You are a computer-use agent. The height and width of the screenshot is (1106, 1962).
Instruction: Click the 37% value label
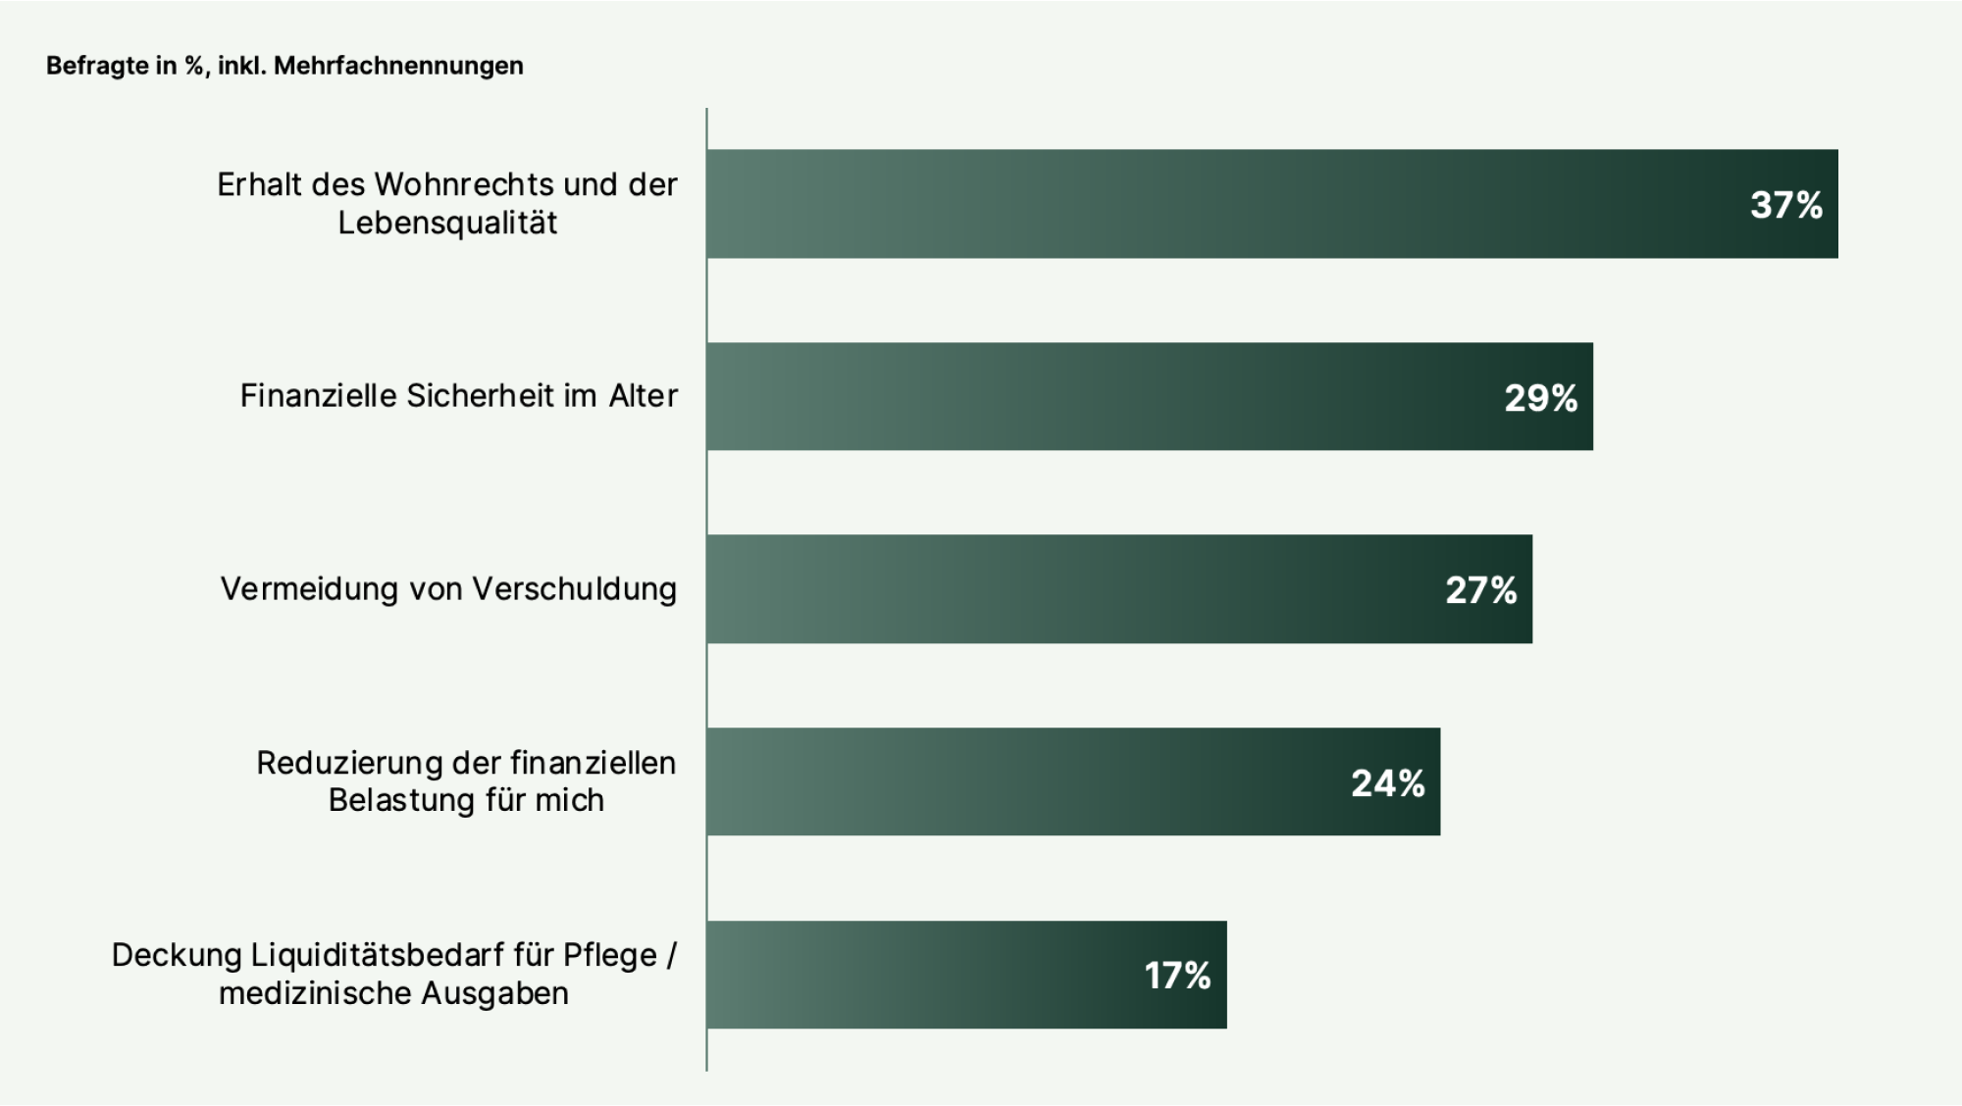(x=1785, y=205)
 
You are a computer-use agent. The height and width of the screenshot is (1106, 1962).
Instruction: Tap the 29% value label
(x=1540, y=398)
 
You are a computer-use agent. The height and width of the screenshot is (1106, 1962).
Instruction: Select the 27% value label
(x=1480, y=590)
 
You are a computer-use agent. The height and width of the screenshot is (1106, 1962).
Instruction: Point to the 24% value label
(x=1387, y=783)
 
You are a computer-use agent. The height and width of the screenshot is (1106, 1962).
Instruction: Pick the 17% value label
(x=1177, y=976)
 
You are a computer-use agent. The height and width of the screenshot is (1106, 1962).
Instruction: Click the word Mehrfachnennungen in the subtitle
(x=398, y=66)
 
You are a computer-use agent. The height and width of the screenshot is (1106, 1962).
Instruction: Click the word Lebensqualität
(x=447, y=224)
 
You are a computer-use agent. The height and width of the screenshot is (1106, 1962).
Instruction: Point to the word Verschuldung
(x=574, y=589)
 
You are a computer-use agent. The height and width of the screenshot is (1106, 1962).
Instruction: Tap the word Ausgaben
(x=494, y=994)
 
